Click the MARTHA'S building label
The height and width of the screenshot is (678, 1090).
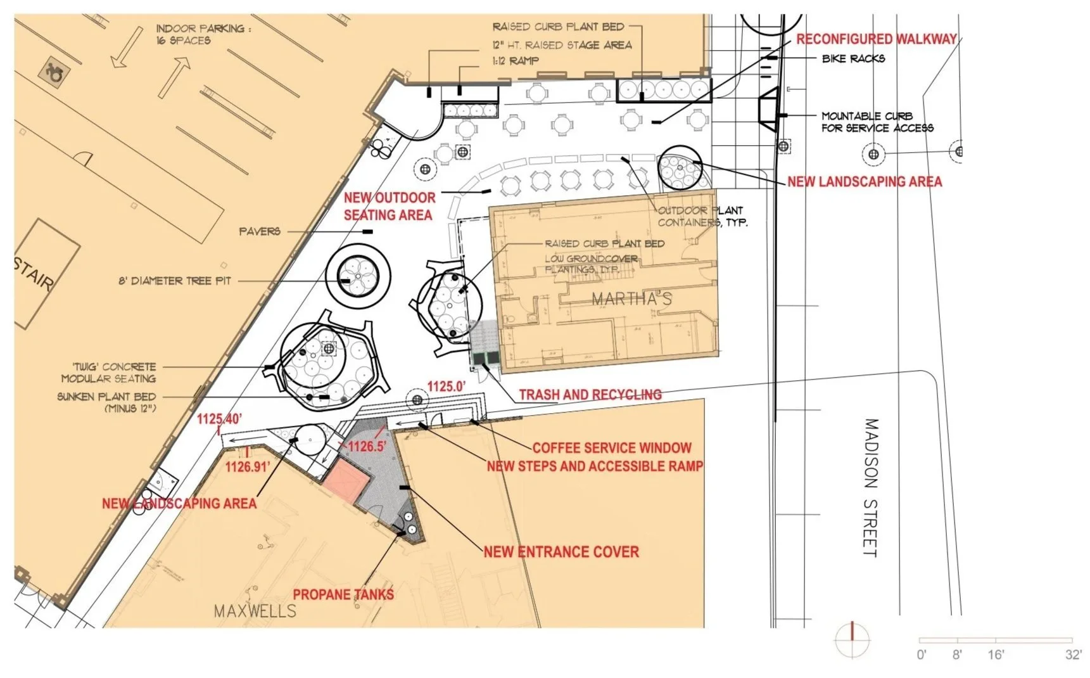[x=631, y=299]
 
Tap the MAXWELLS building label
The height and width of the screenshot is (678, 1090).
[x=255, y=611]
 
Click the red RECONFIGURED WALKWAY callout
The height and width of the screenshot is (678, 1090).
[x=876, y=39]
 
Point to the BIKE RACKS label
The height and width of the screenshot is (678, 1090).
[x=853, y=59]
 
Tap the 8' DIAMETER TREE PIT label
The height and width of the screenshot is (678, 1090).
[x=175, y=281]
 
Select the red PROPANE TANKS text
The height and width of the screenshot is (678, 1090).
[x=343, y=594]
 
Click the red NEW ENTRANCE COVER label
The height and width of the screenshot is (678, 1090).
[x=561, y=552]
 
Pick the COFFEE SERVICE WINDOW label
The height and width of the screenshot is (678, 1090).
[x=611, y=448]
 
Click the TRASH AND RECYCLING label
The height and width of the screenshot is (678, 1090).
[x=590, y=395]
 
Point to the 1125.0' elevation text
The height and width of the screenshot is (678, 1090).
[x=446, y=386]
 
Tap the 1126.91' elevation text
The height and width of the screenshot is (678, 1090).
[x=248, y=467]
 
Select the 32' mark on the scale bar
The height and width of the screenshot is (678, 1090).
[x=1072, y=655]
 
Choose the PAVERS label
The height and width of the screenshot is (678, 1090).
[x=260, y=232]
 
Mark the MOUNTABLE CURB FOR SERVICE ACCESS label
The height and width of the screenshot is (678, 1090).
[x=877, y=122]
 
